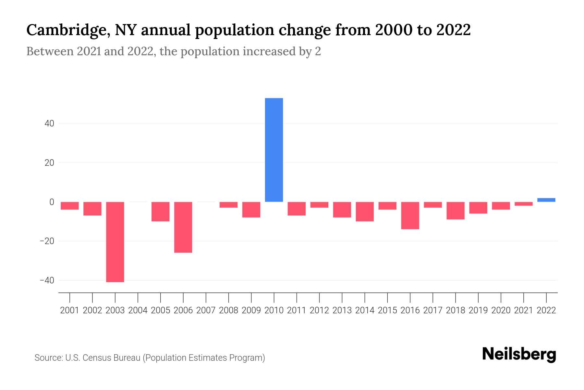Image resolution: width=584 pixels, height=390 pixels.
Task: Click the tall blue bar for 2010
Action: (274, 150)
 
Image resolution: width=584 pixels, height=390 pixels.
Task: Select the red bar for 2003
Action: (115, 242)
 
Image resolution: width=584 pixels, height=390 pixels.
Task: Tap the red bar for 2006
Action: (183, 227)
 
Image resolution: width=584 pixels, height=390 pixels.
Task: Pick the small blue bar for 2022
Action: (546, 200)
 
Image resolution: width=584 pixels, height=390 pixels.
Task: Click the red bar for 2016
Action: (410, 215)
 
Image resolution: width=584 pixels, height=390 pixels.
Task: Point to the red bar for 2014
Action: (365, 212)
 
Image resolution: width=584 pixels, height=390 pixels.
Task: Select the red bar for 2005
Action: (161, 212)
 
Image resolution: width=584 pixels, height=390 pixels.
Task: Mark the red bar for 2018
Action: (456, 211)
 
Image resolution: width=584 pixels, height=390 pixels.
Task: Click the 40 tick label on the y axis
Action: (49, 124)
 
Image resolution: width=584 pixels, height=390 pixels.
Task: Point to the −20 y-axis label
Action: (47, 241)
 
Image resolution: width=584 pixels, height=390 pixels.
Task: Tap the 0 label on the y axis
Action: (52, 202)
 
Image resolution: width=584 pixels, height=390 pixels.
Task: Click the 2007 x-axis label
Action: (206, 310)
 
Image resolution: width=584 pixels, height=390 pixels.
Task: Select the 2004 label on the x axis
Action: (138, 310)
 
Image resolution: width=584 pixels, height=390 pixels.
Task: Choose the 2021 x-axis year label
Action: (523, 310)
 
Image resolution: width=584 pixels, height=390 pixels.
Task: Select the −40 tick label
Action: (47, 280)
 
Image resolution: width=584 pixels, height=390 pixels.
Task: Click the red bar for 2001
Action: (70, 206)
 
